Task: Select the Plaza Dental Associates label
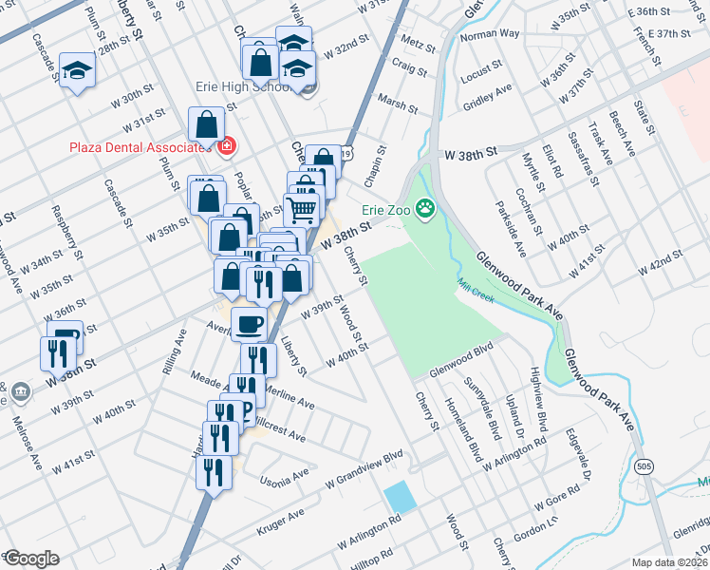click(x=137, y=146)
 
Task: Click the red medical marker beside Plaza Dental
click(x=226, y=146)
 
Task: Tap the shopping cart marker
click(x=302, y=208)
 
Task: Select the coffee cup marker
click(x=250, y=324)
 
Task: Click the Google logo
click(x=30, y=559)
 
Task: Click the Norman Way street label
click(x=490, y=34)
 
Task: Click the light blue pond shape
click(x=400, y=496)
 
